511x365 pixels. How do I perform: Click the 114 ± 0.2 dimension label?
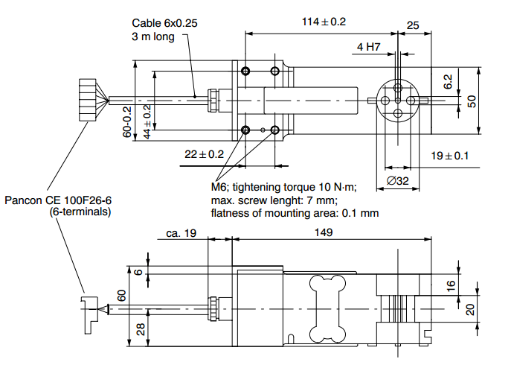coord(324,22)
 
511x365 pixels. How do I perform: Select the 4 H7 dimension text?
coord(368,47)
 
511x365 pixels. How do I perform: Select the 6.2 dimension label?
coord(448,83)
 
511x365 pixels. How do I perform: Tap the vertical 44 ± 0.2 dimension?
coord(147,121)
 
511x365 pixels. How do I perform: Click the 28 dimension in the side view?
coord(141,328)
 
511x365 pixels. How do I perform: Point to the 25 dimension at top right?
coord(414,25)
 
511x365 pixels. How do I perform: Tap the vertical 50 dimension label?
coord(471,101)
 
